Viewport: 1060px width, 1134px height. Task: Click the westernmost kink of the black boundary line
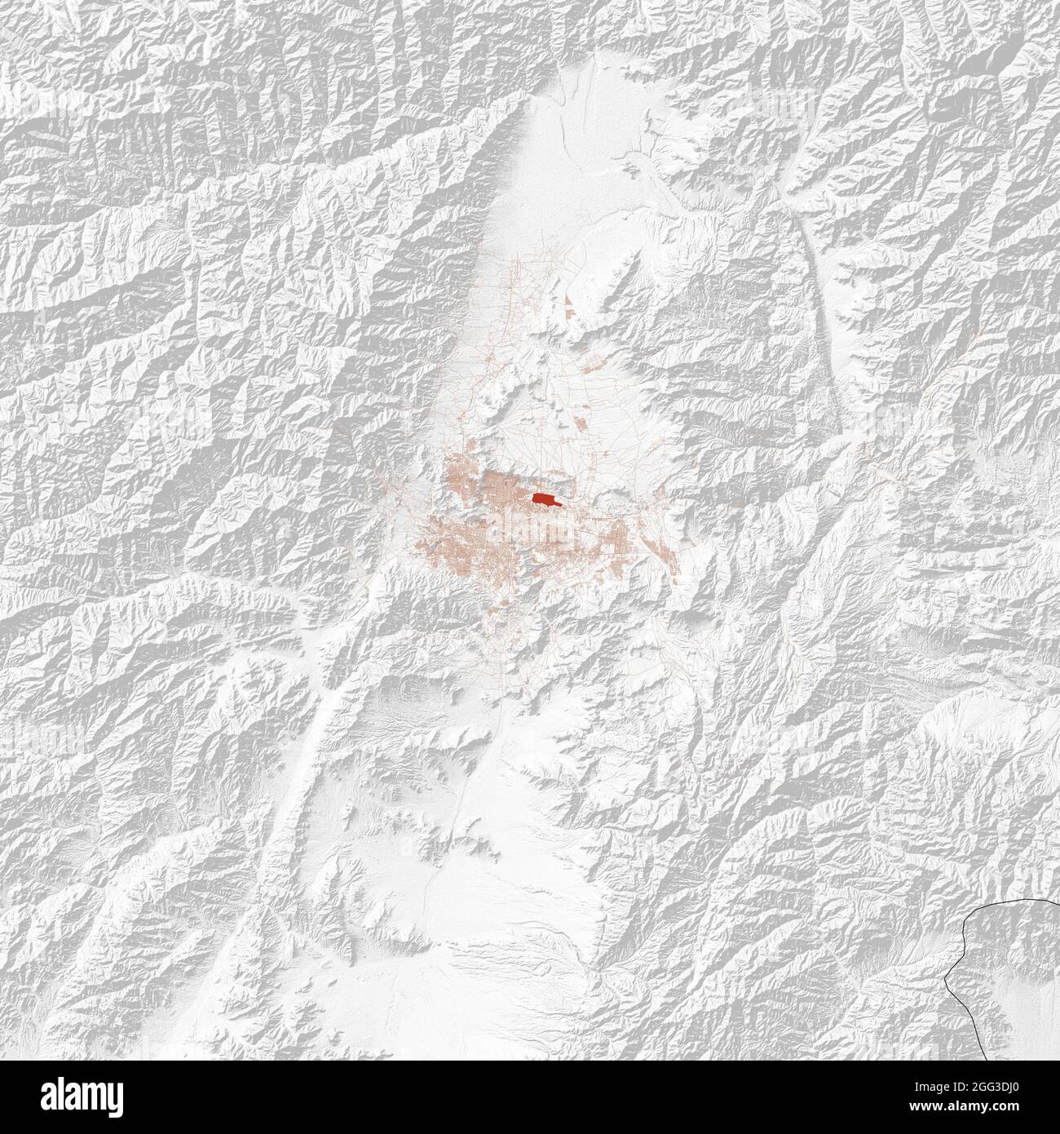(x=947, y=975)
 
